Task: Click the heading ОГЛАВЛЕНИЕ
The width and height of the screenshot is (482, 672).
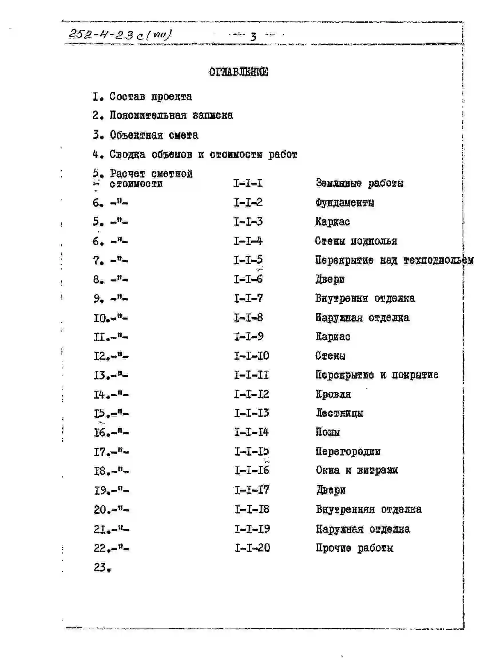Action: (x=238, y=72)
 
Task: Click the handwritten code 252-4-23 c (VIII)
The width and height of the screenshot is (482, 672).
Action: (x=120, y=35)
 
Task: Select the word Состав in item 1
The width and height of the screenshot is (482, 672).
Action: (x=127, y=96)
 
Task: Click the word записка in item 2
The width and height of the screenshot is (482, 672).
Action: (x=213, y=116)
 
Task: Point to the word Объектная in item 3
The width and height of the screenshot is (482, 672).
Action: (x=136, y=135)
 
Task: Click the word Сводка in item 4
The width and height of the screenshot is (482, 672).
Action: (x=127, y=155)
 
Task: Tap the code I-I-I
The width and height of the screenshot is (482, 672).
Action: (x=248, y=183)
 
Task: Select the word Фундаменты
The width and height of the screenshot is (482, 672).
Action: (x=345, y=203)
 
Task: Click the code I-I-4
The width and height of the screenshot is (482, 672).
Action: (x=248, y=241)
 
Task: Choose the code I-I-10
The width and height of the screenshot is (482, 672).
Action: (x=251, y=356)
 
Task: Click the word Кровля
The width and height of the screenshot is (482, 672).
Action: (x=333, y=394)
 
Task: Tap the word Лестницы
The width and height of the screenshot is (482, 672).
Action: (x=339, y=413)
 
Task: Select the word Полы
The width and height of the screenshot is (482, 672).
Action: (x=328, y=432)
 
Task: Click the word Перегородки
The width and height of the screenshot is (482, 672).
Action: (x=348, y=452)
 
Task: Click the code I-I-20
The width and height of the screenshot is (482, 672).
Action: (x=252, y=548)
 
